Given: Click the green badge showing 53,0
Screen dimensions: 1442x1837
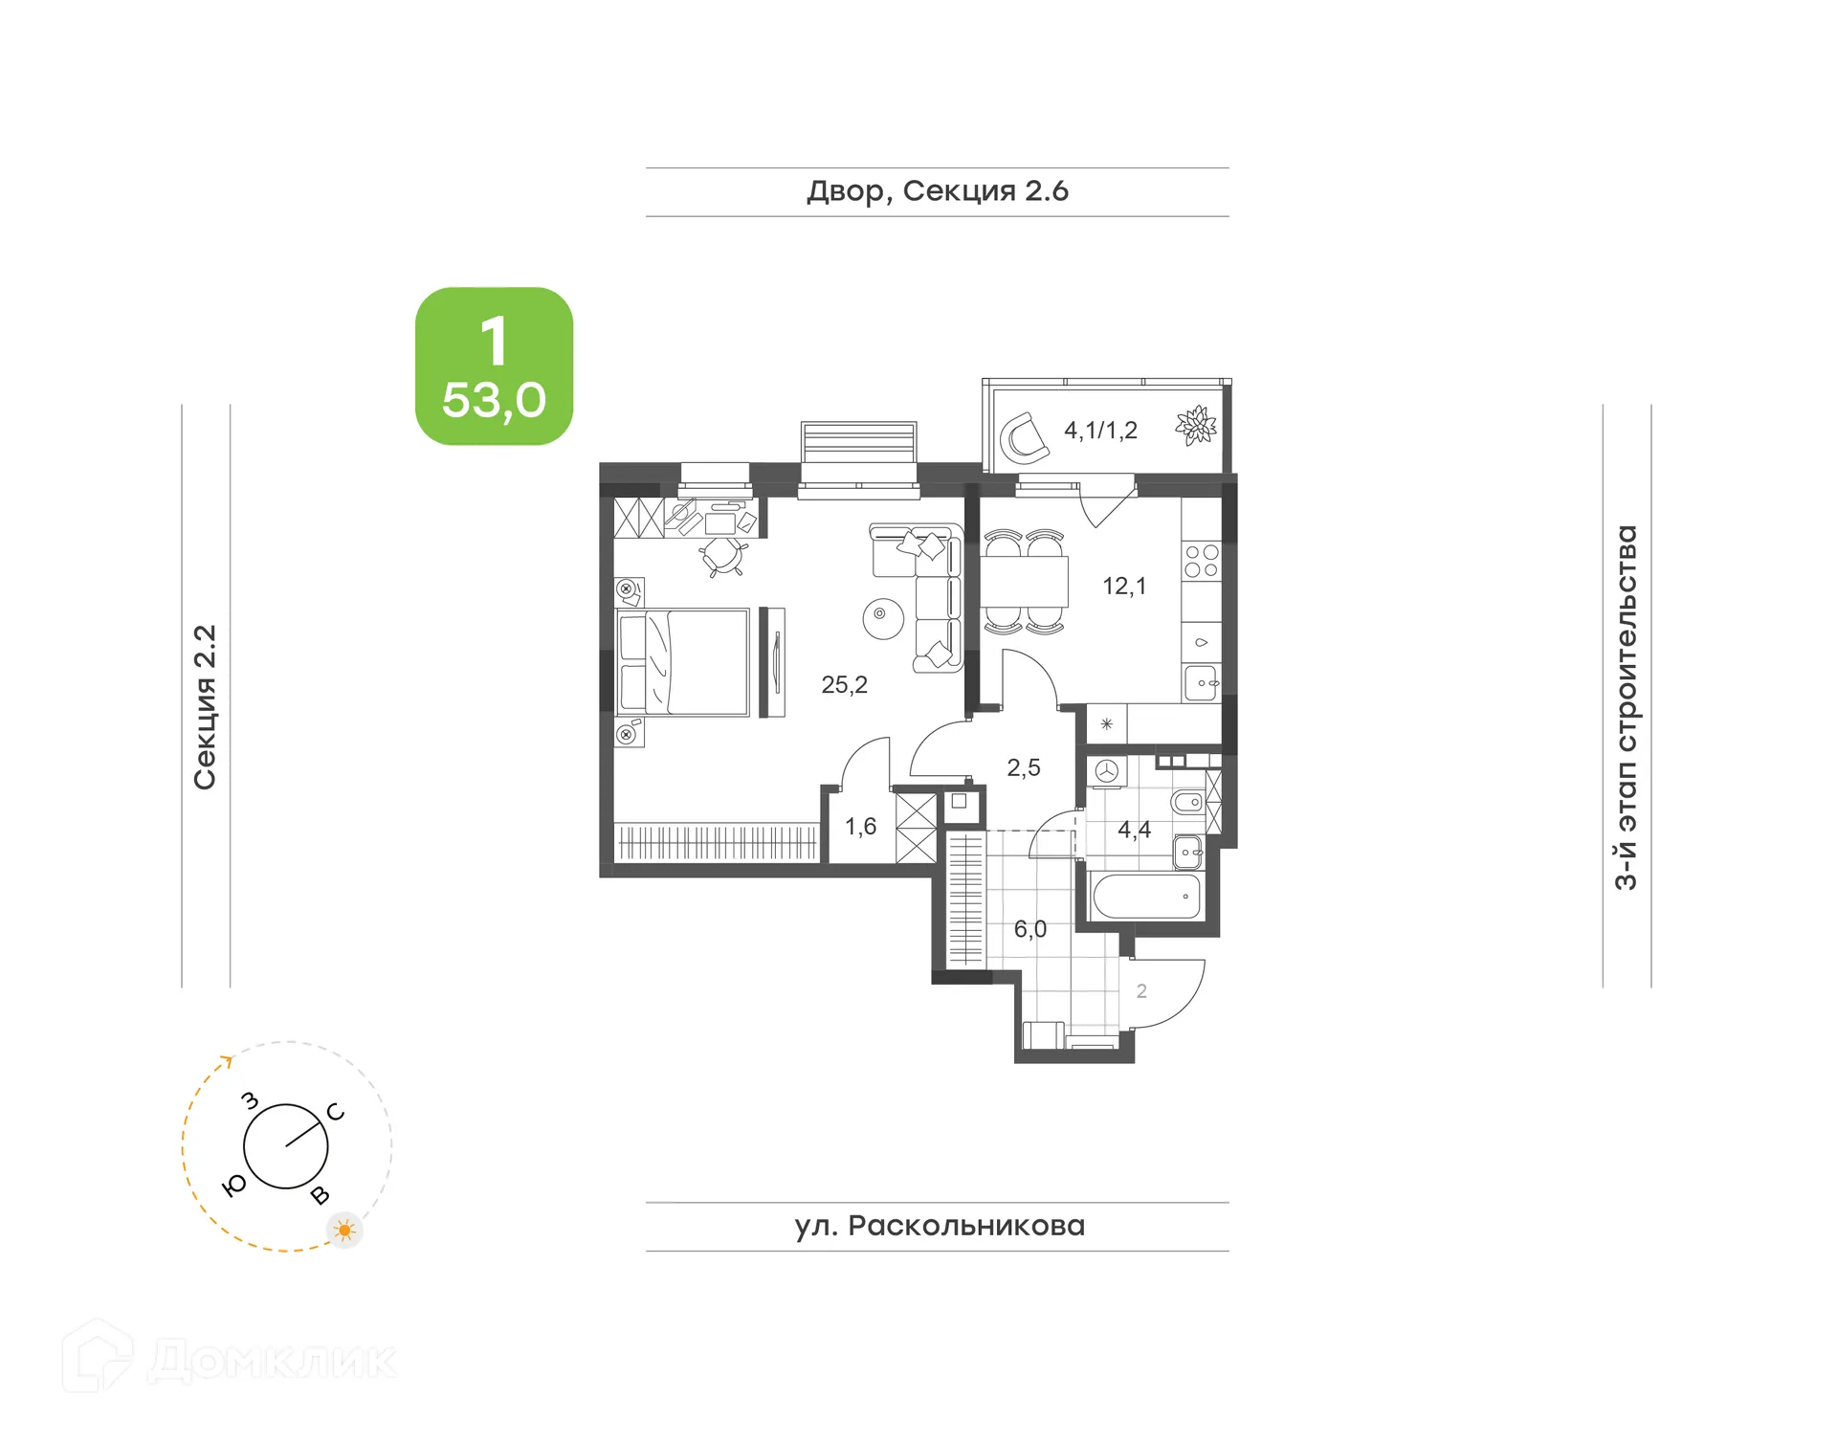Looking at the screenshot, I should tap(494, 366).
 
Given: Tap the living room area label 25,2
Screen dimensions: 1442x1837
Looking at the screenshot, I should tap(844, 685).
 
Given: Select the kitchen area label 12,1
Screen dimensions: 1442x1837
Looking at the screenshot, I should tap(1123, 587).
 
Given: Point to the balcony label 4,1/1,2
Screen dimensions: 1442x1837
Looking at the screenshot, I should tap(1100, 431).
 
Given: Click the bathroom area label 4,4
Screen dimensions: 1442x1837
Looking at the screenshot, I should tap(1134, 830).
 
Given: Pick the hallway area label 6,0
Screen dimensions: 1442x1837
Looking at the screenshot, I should tap(1029, 929).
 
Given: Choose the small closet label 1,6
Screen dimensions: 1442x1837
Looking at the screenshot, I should tap(860, 827).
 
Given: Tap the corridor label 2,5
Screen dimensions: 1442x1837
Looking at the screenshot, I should tap(1023, 767).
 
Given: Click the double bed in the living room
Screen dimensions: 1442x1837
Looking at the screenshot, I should tap(683, 662).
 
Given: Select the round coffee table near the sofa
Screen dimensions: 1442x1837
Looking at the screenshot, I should tap(882, 618).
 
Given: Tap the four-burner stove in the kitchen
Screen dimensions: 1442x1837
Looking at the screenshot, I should tap(1202, 562).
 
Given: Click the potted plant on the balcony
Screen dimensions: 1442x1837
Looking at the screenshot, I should tap(1195, 426).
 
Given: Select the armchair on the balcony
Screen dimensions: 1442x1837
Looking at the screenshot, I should tap(1023, 438).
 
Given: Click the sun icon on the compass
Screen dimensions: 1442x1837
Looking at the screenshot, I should tap(344, 1230).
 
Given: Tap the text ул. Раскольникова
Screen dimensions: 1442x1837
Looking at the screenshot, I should tap(939, 1227).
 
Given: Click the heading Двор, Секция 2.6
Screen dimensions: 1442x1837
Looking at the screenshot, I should tap(937, 191).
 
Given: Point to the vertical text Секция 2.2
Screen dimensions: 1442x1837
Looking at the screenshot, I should tap(205, 707).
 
